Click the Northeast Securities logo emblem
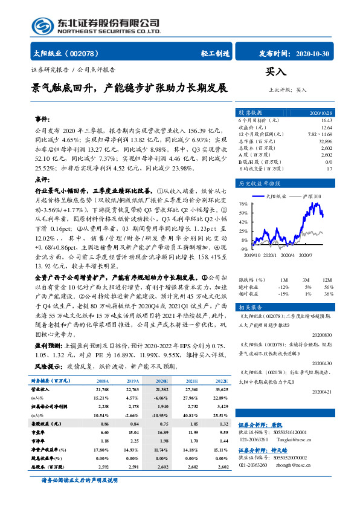[43, 26]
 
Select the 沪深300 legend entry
[312, 196]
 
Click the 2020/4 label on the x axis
[294, 254]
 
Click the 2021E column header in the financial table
[193, 381]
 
